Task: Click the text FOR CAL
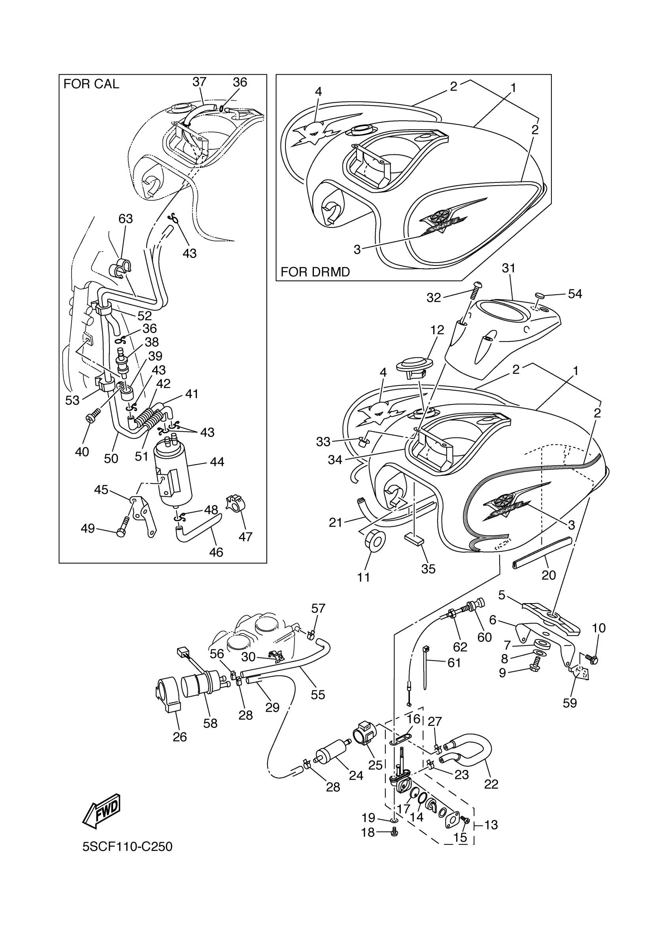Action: coord(91,84)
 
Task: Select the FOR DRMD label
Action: coord(315,272)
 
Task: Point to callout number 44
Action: coord(217,462)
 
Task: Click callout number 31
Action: coord(508,269)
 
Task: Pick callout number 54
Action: coord(575,294)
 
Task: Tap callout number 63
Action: coord(126,219)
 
